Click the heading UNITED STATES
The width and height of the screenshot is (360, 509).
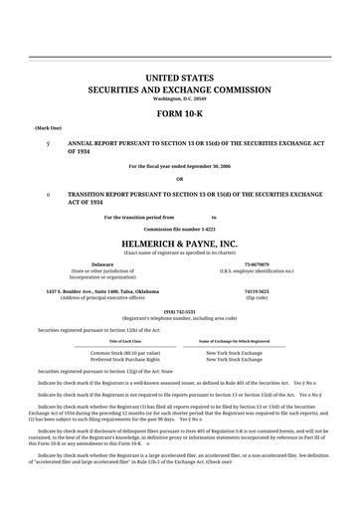pyautogui.click(x=179, y=77)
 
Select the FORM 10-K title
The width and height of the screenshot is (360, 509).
pyautogui.click(x=179, y=114)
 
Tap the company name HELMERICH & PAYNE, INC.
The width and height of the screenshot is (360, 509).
pyautogui.click(x=179, y=243)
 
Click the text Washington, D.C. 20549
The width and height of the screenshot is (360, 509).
pyautogui.click(x=179, y=99)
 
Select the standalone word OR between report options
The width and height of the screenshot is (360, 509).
pyautogui.click(x=179, y=179)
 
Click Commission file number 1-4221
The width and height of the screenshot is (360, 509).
pyautogui.click(x=179, y=229)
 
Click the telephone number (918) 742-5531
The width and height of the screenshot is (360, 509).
pyautogui.click(x=179, y=310)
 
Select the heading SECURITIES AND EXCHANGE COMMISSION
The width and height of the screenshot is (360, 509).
pyautogui.click(x=179, y=89)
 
